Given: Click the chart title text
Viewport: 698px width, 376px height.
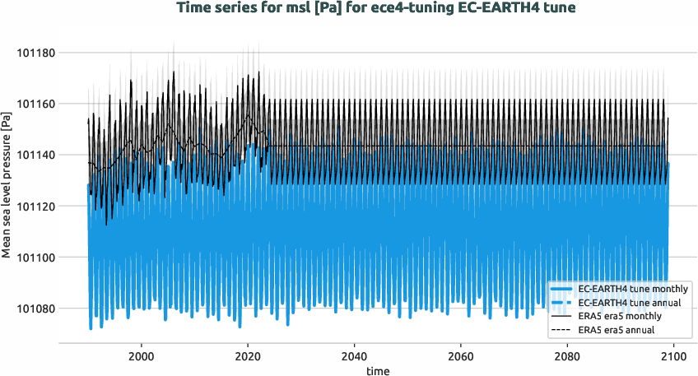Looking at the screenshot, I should click(x=348, y=9).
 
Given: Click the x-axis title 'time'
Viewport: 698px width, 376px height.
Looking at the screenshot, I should click(x=378, y=370).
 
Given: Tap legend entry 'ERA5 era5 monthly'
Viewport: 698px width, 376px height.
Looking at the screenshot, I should click(x=622, y=317).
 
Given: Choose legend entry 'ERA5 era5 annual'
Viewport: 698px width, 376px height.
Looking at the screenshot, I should click(x=620, y=331).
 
